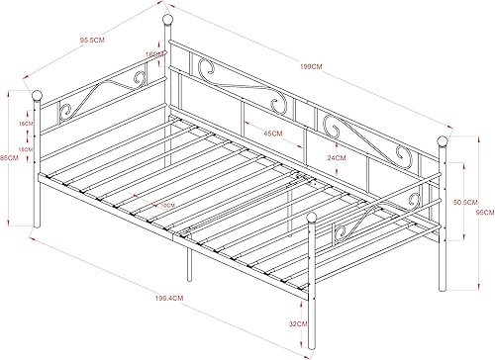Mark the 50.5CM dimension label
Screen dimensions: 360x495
(460, 201)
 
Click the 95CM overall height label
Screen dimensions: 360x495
(485, 212)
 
